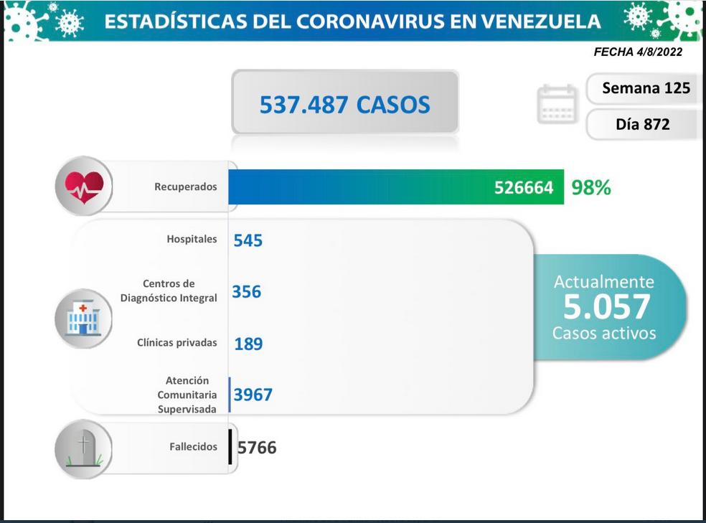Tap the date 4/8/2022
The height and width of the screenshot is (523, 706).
point(659,52)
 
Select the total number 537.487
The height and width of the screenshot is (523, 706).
point(304,105)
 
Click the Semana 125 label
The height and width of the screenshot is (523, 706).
point(646,88)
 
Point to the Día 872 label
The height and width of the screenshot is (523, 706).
point(643,124)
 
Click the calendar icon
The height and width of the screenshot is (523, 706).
point(557,103)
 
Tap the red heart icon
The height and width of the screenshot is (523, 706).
point(84,187)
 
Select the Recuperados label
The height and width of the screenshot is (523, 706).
point(186,187)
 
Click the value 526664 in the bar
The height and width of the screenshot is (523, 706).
point(524,188)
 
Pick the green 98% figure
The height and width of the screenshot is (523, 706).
point(591,188)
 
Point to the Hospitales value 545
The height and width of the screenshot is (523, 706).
point(248,241)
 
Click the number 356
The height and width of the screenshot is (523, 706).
point(246,292)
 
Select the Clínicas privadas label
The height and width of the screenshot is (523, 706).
point(177,343)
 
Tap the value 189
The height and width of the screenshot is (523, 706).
point(248,344)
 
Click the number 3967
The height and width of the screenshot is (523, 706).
point(253,395)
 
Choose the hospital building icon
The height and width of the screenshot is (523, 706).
point(83,319)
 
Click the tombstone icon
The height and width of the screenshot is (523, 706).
point(84,448)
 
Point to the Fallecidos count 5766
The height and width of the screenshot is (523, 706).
point(257,448)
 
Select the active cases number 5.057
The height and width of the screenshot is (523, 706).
point(606,307)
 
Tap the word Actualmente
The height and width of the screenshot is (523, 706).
point(604,282)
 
